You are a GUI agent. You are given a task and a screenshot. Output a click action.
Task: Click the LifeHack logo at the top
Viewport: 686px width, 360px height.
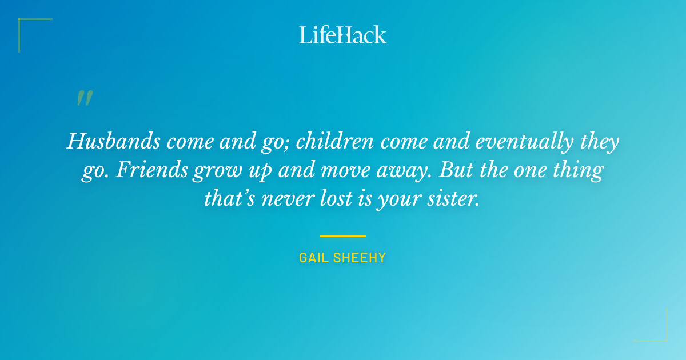coord(343,35)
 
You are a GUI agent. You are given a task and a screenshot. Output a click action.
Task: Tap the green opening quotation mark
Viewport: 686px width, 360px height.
coord(84,99)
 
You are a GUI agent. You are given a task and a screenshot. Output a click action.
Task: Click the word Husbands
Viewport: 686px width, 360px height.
coord(111,141)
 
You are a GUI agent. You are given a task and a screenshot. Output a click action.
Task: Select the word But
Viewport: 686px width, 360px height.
coord(454,171)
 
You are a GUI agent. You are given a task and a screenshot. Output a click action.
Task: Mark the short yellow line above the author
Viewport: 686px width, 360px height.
coord(343,236)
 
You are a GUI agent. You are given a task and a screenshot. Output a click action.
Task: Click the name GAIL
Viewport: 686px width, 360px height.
coord(313,258)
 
